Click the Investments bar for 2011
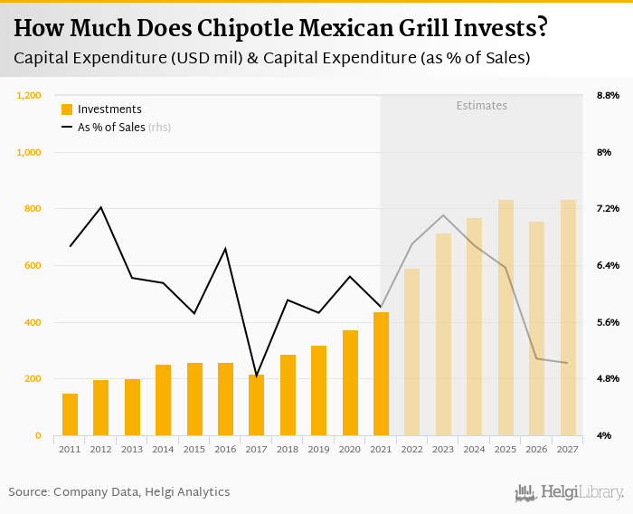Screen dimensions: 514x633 pos(70,414)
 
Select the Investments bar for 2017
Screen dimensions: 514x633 pos(256,405)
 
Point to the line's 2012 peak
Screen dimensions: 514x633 pos(100,207)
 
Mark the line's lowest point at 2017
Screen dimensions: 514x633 pos(256,376)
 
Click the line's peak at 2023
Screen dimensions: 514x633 pos(443,215)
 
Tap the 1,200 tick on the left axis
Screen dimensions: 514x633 pos(30,95)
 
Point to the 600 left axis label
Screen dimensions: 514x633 pos(33,265)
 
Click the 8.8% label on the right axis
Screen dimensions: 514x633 pos(607,95)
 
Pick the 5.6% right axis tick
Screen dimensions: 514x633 pos(607,322)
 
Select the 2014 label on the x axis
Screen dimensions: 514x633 pos(163,448)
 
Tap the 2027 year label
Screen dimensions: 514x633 pos(568,448)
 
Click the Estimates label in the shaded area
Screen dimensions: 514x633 pos(481,106)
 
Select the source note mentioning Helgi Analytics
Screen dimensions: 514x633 pos(119,492)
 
